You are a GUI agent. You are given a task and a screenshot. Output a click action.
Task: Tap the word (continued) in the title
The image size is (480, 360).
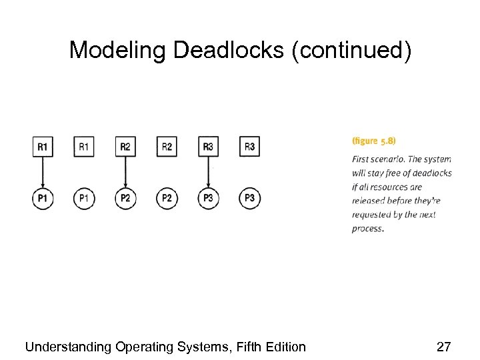click(352, 50)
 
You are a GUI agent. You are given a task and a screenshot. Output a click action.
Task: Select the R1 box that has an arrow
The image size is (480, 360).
click(43, 147)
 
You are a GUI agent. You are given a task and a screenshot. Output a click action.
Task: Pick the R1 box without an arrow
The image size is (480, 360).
click(84, 147)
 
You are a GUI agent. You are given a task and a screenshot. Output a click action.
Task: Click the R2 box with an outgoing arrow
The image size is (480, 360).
click(125, 147)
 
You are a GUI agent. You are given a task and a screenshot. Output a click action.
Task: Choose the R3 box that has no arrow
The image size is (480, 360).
click(249, 147)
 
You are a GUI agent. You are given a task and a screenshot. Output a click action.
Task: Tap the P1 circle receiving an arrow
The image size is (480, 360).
click(43, 198)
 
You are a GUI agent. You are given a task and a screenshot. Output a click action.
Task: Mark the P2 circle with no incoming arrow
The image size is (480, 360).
click(167, 198)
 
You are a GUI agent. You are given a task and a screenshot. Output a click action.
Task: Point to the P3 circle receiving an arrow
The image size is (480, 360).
click(208, 198)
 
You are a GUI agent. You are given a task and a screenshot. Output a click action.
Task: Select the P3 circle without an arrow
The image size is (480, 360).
click(249, 198)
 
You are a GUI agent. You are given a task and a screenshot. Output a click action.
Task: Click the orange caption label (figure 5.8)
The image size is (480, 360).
click(373, 141)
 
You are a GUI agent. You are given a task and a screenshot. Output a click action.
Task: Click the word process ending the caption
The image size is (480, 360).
click(367, 229)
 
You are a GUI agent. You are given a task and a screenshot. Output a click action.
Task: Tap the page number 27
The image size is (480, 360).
click(443, 347)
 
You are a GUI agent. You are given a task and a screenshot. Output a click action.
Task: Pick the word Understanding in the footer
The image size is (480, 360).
click(68, 347)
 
